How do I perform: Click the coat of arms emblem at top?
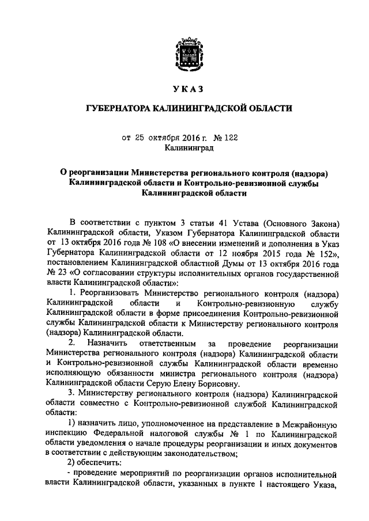click(x=185, y=56)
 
